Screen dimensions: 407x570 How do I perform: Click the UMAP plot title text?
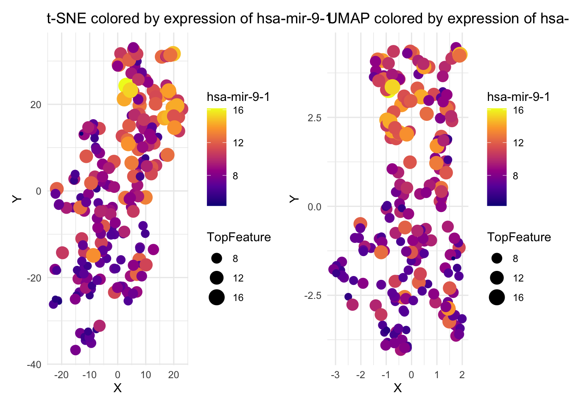pyautogui.click(x=450, y=19)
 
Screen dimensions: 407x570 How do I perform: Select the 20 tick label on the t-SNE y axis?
pyautogui.click(x=36, y=105)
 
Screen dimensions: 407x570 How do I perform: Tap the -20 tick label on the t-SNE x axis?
pyautogui.click(x=61, y=375)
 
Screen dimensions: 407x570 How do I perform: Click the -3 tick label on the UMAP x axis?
pyautogui.click(x=335, y=375)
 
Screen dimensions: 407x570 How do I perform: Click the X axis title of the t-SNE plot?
pyautogui.click(x=117, y=388)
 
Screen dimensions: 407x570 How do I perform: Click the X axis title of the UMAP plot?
pyautogui.click(x=397, y=388)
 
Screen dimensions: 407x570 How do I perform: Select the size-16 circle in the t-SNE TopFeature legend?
pyautogui.click(x=217, y=297)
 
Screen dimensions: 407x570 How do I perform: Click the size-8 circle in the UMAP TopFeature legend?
pyautogui.click(x=497, y=258)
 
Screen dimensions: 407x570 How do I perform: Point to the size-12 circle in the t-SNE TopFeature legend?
pyautogui.click(x=217, y=278)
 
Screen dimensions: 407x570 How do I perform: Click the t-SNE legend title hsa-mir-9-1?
pyautogui.click(x=238, y=97)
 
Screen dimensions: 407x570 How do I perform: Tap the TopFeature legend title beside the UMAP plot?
pyautogui.click(x=519, y=237)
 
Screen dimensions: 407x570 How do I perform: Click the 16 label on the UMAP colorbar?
pyautogui.click(x=518, y=111)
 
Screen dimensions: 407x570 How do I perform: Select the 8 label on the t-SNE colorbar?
pyautogui.click(x=235, y=176)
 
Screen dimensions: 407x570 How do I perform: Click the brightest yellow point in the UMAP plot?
pyautogui.click(x=392, y=87)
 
